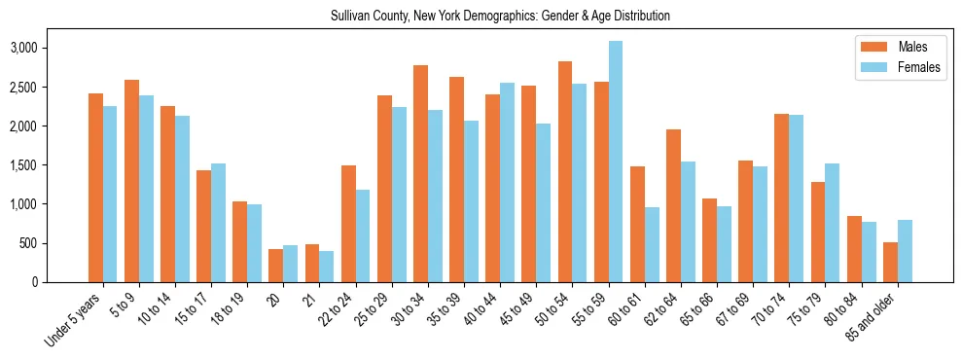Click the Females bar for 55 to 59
click(616, 162)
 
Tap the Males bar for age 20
click(275, 266)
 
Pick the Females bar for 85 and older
click(905, 251)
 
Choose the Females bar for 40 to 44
click(507, 182)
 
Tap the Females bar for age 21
click(327, 267)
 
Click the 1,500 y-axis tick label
click(50, 165)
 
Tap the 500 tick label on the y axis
click(56, 243)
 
